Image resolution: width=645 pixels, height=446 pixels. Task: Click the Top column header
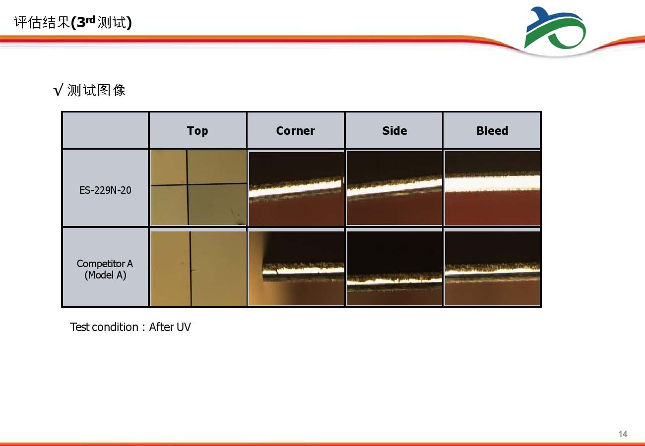[197, 131]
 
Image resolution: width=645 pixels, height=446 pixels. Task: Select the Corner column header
[295, 131]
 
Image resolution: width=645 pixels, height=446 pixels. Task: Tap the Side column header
[394, 131]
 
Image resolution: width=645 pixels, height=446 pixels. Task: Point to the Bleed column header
[492, 131]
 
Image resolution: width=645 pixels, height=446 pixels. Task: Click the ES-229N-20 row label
[105, 190]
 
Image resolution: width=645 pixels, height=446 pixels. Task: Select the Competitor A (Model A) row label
[105, 269]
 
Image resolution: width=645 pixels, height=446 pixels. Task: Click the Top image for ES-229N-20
[198, 187]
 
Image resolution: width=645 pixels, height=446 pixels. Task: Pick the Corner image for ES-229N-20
[296, 189]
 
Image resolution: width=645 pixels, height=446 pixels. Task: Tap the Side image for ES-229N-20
[394, 188]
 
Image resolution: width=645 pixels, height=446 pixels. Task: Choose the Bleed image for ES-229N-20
[492, 188]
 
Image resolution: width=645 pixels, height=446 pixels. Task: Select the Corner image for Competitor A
[296, 268]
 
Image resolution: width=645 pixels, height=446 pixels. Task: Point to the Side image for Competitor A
[394, 268]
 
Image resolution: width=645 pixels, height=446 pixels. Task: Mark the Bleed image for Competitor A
[492, 268]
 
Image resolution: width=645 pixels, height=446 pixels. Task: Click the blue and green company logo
[555, 28]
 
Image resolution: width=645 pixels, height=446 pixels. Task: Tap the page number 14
[623, 434]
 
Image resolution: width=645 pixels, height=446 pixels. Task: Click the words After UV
[170, 327]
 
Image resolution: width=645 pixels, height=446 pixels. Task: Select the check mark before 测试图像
[58, 90]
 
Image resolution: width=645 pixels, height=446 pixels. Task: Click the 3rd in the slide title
[86, 22]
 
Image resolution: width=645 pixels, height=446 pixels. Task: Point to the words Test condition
[104, 327]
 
